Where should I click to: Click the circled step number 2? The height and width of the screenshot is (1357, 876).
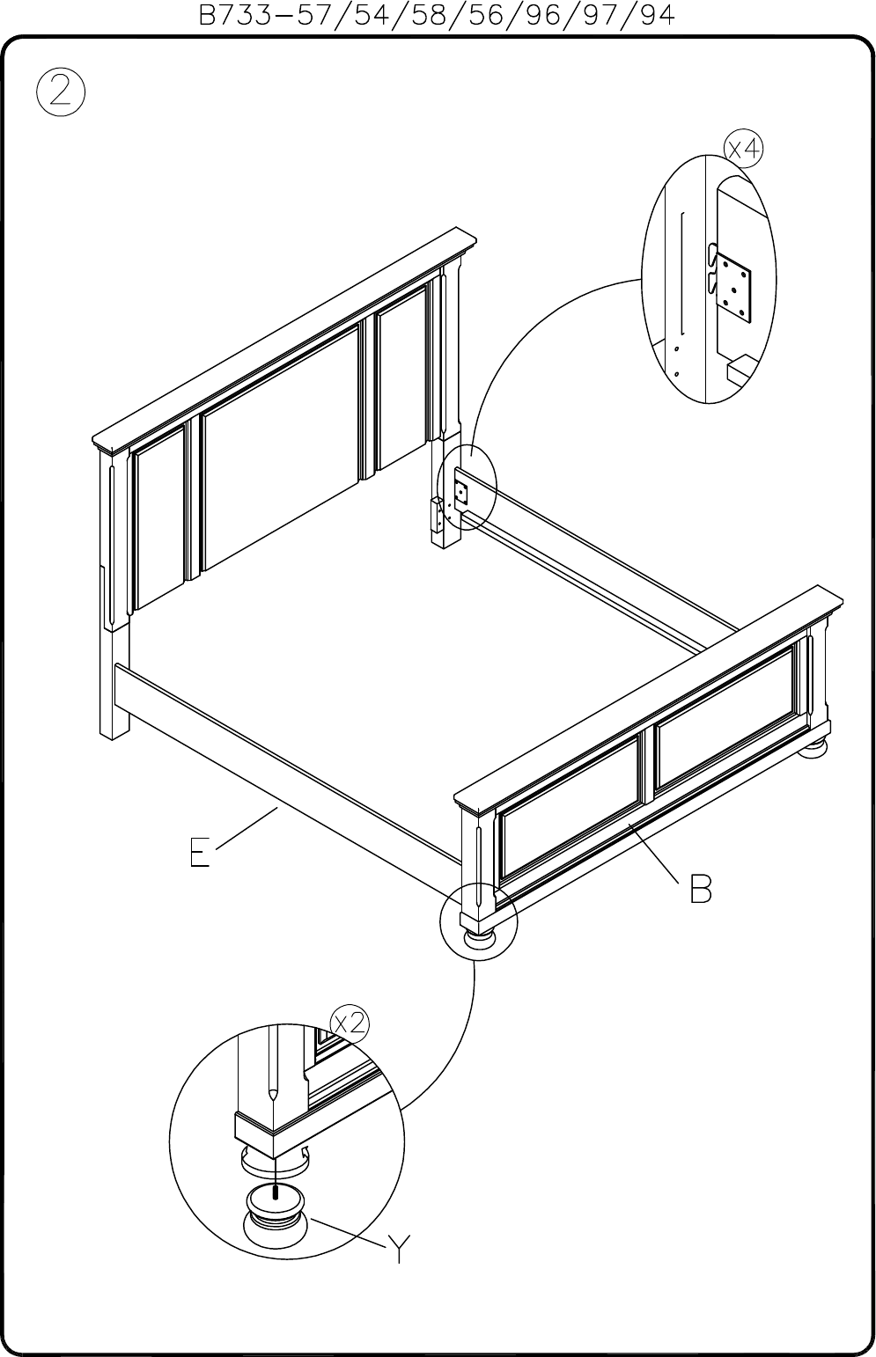[x=61, y=92]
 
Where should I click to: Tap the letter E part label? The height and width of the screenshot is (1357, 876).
[x=200, y=853]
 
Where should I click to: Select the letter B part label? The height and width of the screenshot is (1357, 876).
[x=701, y=889]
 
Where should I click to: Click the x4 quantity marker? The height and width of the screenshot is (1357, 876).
[x=744, y=149]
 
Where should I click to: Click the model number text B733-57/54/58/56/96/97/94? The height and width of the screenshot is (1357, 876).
[x=437, y=15]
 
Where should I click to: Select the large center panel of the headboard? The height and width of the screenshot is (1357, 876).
[x=280, y=445]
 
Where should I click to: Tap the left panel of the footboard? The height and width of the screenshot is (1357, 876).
[x=570, y=809]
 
